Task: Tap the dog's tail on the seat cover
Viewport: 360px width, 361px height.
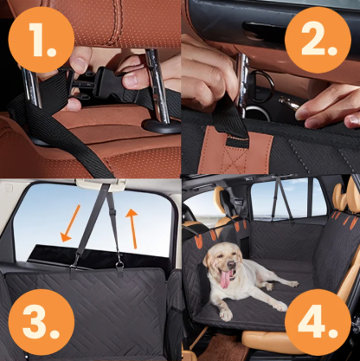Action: click(x=292, y=282)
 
